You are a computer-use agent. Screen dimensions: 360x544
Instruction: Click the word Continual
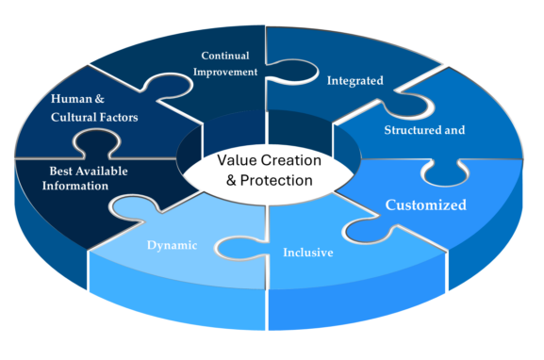pos(226,55)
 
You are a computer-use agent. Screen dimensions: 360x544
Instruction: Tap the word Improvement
pos(226,72)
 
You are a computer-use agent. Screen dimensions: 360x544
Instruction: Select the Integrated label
pos(354,81)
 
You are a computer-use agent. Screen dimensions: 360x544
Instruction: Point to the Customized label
pos(425,205)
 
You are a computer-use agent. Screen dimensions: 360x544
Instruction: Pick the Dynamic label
pos(172,246)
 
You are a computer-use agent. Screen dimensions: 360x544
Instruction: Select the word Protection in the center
pos(277,180)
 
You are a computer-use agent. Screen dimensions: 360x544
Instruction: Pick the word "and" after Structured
pos(454,130)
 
